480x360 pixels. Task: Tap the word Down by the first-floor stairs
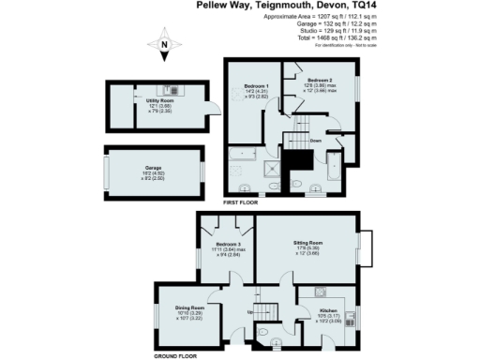pyautogui.click(x=316, y=142)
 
